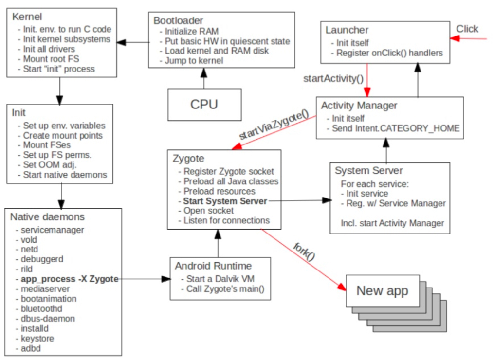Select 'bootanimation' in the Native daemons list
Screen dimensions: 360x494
pos(48,299)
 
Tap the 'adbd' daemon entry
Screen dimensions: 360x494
pos(30,348)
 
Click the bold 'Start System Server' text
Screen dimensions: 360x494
pos(225,201)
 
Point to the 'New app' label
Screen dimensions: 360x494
pos(382,291)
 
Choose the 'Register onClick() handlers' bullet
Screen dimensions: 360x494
pos(389,53)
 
